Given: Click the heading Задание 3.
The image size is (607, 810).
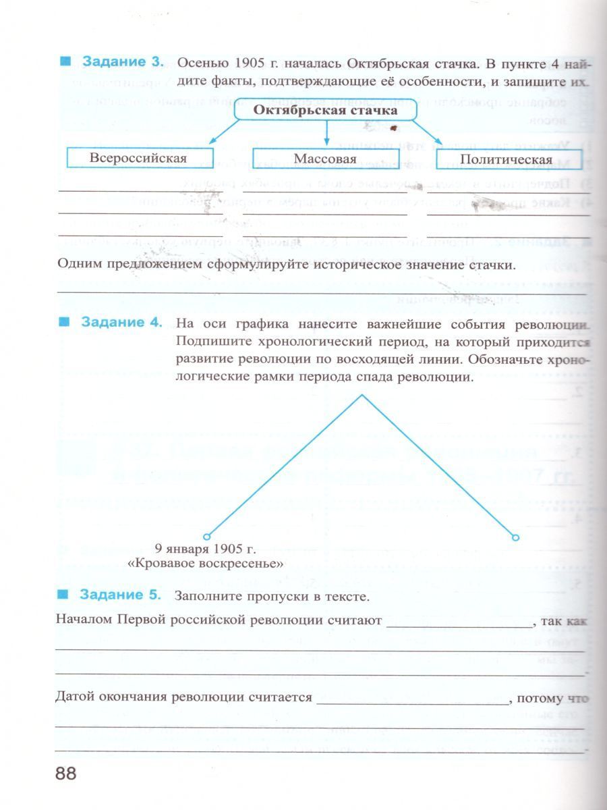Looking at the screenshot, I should click(123, 62).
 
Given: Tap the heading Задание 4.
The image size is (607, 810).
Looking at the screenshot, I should click(122, 322).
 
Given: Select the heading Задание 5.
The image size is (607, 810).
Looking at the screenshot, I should click(121, 595).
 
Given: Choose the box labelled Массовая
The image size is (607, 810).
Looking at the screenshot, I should click(325, 159).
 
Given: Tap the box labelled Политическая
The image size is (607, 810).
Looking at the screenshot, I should click(505, 159).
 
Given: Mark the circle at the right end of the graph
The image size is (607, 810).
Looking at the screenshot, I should click(516, 537).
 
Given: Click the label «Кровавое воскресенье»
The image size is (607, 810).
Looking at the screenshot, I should click(206, 563).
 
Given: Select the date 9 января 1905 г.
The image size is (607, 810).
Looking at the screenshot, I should click(206, 549).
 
